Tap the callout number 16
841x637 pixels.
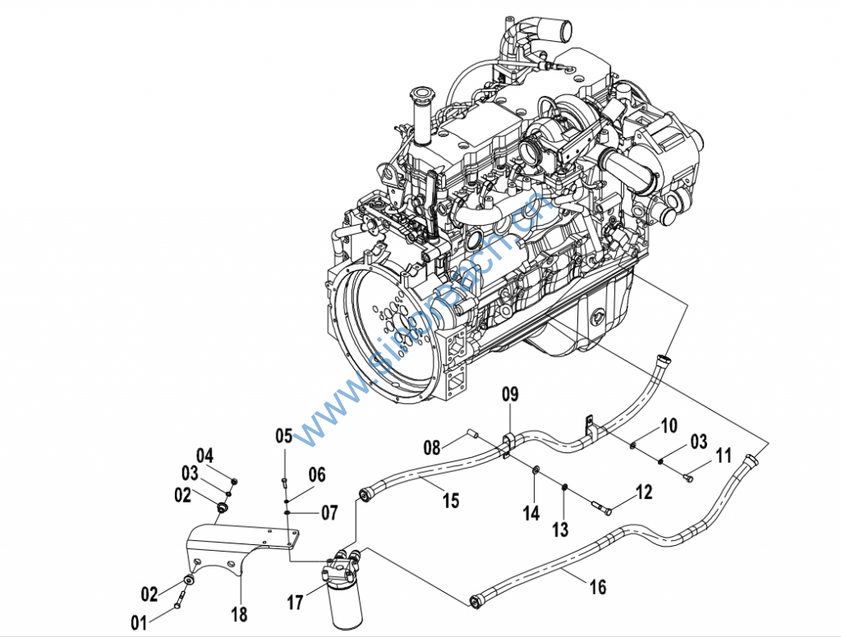[x=598, y=587]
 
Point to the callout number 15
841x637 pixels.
[x=451, y=500]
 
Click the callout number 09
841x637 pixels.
[x=511, y=395]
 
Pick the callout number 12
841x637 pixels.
[x=643, y=492]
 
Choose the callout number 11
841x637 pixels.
[x=724, y=455]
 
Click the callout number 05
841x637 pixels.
[x=283, y=435]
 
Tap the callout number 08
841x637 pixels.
[x=433, y=447]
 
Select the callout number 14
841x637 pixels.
[x=532, y=513]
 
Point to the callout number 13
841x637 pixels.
[x=560, y=529]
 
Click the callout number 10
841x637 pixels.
[x=669, y=425]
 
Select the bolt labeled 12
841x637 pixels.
[x=604, y=511]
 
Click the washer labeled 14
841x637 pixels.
[x=535, y=470]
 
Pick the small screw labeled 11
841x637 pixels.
[x=688, y=473]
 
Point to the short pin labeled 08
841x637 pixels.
[x=472, y=433]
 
